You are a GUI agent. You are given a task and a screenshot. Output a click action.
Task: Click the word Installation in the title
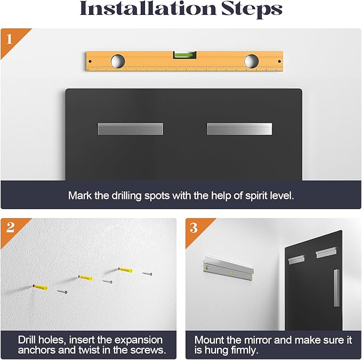pyautogui.click(x=148, y=9)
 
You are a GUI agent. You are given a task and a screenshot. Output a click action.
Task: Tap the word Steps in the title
pyautogui.click(x=252, y=9)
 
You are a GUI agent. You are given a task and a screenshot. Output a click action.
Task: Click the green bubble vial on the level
pyautogui.click(x=184, y=55)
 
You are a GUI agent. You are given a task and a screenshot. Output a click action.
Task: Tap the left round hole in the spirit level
pyautogui.click(x=118, y=61)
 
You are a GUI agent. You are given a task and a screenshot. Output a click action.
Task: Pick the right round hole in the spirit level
pyautogui.click(x=252, y=61)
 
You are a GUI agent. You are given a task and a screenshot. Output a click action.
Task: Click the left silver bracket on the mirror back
pyautogui.click(x=131, y=129)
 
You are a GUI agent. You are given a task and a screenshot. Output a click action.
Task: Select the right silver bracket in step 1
pyautogui.click(x=239, y=129)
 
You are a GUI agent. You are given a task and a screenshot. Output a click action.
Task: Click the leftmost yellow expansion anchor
pyautogui.click(x=41, y=287)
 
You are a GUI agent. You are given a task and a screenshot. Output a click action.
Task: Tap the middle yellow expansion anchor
pyautogui.click(x=86, y=277)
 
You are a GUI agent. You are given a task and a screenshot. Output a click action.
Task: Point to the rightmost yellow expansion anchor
pyautogui.click(x=125, y=270)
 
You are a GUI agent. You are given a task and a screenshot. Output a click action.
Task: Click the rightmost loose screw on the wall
pyautogui.click(x=147, y=274)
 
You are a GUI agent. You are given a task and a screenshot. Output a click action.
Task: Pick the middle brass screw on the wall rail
pyautogui.click(x=232, y=272)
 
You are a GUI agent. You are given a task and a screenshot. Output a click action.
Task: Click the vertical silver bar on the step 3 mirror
pyautogui.click(x=336, y=287)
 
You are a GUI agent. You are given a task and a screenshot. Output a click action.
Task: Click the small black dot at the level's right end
pyautogui.click(x=279, y=61)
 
